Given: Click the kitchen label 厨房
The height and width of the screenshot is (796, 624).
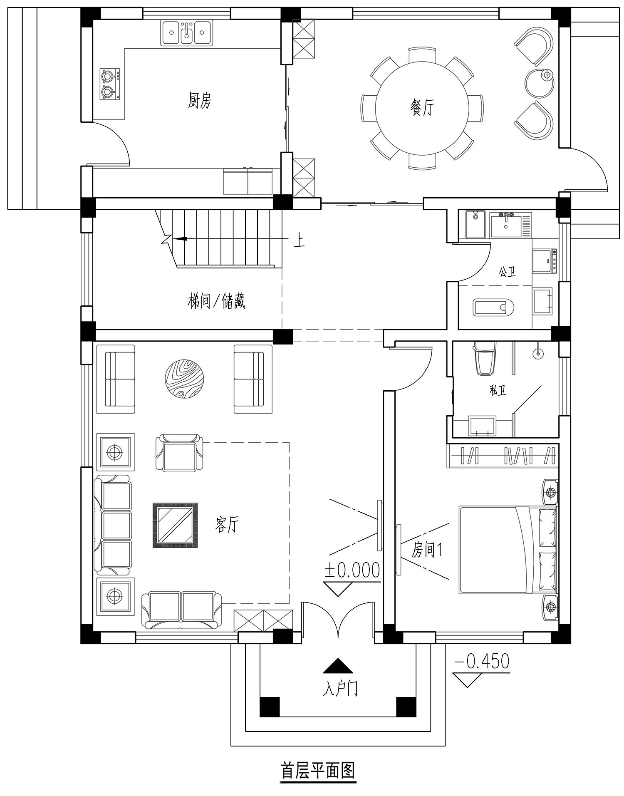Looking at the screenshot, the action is click(x=200, y=100).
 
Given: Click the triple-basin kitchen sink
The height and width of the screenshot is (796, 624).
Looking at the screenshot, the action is click(x=188, y=33).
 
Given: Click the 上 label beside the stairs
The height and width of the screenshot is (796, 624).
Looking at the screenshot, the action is click(x=299, y=241).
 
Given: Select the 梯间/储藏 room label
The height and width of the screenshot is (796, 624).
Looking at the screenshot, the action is click(x=216, y=301).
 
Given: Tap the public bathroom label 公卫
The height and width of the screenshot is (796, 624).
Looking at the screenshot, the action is click(x=508, y=272).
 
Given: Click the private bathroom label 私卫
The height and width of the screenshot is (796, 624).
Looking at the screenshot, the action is click(x=498, y=390).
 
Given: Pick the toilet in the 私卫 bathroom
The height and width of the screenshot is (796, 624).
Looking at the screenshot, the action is click(x=485, y=357).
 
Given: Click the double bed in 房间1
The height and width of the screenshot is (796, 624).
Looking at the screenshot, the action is click(x=508, y=550).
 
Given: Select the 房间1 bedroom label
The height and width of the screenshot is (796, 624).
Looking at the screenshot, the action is click(x=427, y=550).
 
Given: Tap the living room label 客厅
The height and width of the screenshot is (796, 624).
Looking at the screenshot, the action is click(x=227, y=524).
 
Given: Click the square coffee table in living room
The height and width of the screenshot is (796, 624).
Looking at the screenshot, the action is click(x=175, y=525).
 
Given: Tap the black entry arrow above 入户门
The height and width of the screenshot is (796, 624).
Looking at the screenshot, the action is click(x=338, y=665).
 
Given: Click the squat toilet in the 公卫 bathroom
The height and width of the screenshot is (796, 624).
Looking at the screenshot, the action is click(x=493, y=307).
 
